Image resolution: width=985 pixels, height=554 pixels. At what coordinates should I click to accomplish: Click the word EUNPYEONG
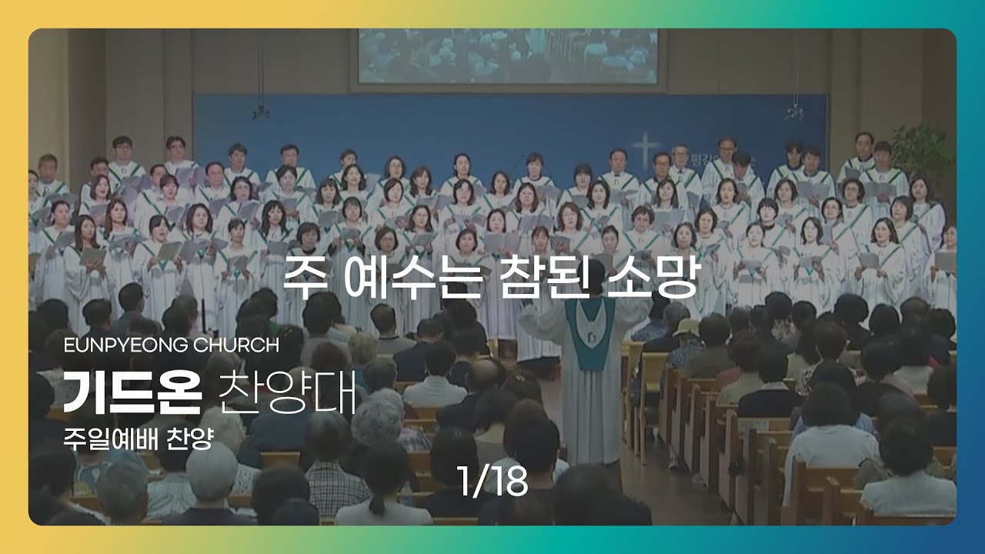[x=126, y=345]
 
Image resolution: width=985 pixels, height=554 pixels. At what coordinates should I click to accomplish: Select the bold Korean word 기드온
[x=132, y=392]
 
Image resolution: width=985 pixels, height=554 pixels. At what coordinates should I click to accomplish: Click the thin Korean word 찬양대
[x=287, y=392]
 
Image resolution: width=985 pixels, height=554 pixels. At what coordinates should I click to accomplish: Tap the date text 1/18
[x=492, y=481]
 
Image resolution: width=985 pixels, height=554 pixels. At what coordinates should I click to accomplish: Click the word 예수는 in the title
[x=410, y=277]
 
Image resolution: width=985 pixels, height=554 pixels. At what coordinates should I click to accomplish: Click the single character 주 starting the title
[x=305, y=275]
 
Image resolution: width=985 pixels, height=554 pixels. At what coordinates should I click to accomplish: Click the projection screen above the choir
[x=508, y=56]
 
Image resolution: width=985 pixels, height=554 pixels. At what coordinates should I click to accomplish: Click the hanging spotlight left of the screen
[x=261, y=112]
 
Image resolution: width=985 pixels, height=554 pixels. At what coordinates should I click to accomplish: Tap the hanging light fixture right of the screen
[x=796, y=112]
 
